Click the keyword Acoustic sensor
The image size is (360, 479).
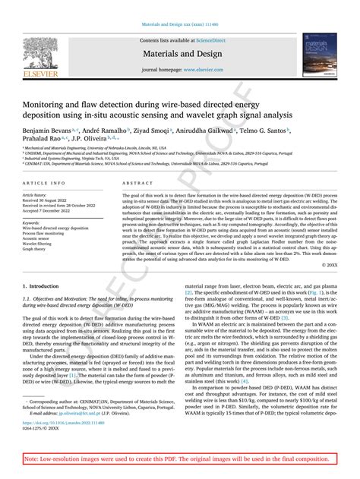tap(38, 237)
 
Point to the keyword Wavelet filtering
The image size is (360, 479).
tap(39, 243)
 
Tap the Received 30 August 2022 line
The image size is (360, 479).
tap(52, 200)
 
